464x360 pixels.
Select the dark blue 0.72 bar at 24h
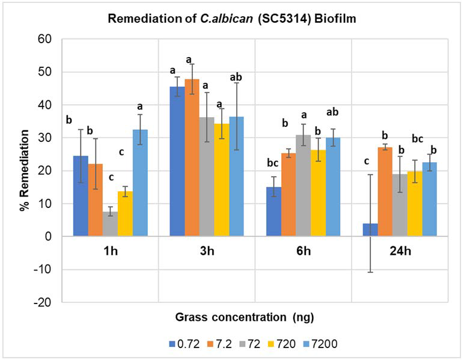[x=370, y=230]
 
